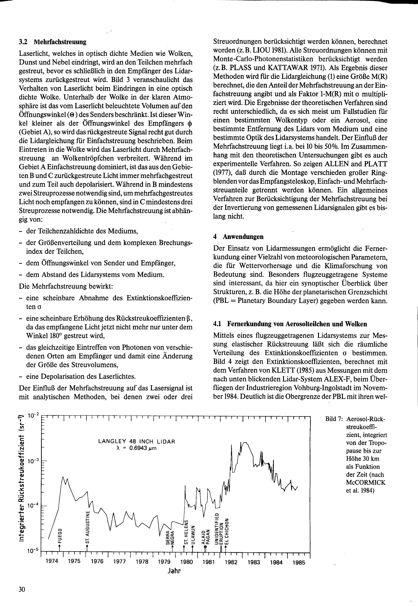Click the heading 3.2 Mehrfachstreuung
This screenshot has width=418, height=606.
click(52, 42)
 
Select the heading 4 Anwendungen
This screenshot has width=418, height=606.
click(238, 237)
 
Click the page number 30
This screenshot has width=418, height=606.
click(22, 589)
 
